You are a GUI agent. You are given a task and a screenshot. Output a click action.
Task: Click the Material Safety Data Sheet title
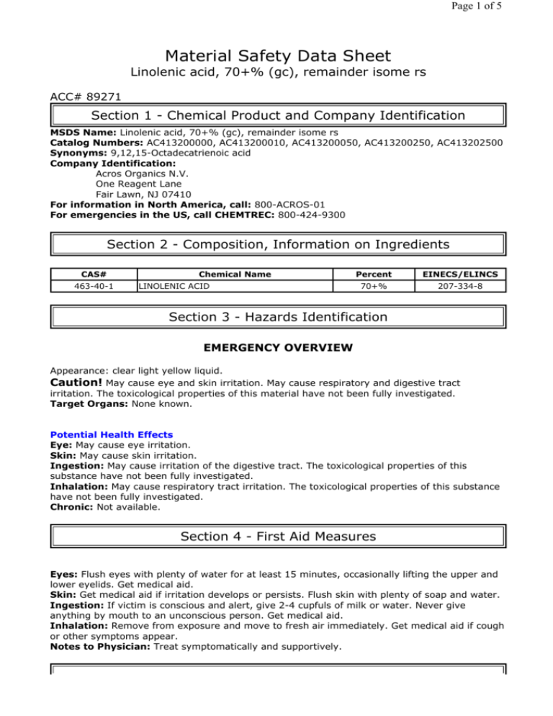(x=276, y=55)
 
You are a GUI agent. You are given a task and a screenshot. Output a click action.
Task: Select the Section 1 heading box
(x=276, y=116)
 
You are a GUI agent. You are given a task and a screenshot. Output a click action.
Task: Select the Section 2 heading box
(x=276, y=244)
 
